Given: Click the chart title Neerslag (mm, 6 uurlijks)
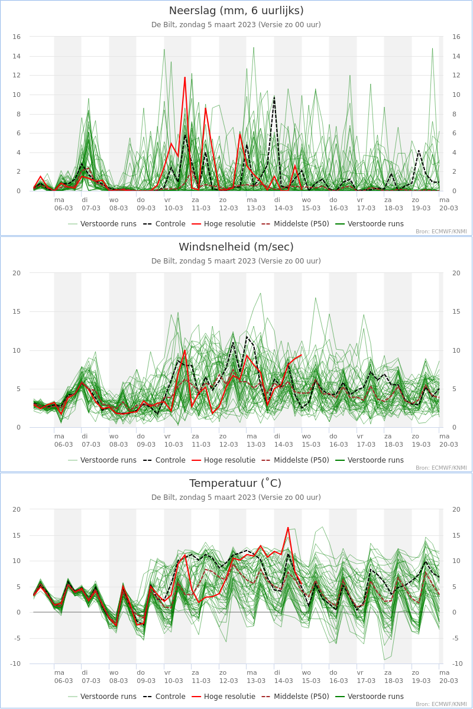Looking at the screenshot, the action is click(236, 11).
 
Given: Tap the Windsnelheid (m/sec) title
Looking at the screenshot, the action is click(236, 247).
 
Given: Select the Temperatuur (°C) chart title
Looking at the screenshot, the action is click(235, 483).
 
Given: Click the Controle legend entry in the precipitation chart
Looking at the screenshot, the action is click(164, 224).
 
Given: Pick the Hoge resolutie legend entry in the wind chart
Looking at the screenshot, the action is click(223, 460).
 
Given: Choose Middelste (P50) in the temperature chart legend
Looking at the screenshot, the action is click(296, 697).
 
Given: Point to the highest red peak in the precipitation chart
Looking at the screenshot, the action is click(184, 77).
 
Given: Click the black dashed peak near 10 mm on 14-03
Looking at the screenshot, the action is click(274, 96).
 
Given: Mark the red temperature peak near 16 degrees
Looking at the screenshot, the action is click(288, 528).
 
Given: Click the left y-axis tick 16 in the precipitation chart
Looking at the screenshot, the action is click(17, 37).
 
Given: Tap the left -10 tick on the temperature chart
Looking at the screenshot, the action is click(15, 664).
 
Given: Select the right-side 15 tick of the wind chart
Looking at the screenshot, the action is click(456, 311).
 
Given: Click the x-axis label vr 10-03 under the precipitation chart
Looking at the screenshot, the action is click(174, 204).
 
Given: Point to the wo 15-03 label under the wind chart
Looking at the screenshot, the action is click(311, 440).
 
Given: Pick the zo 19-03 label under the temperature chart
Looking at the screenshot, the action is click(421, 677).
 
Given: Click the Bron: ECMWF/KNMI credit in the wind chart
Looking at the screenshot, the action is click(441, 468).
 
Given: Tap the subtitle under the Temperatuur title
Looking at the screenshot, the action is click(236, 497).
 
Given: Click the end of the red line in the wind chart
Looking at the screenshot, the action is click(302, 355).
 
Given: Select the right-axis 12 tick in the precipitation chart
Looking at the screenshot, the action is click(456, 76).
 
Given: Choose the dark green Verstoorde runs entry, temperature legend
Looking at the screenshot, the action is click(370, 697).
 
